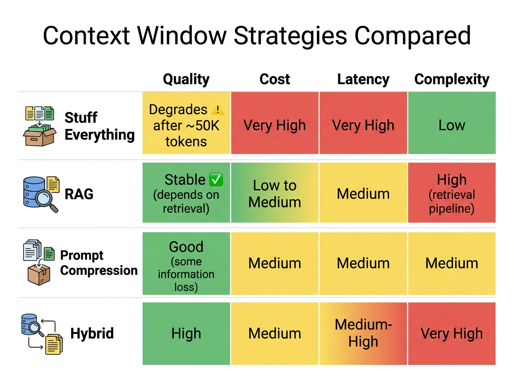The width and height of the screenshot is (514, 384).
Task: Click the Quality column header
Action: click(x=186, y=79)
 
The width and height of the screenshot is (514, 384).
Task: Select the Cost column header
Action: click(x=275, y=79)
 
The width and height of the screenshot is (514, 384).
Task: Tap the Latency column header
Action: click(x=363, y=79)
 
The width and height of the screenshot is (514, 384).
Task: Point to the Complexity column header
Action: click(x=451, y=79)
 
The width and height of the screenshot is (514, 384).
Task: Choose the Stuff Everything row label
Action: click(x=99, y=126)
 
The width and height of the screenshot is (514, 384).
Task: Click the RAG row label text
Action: click(x=79, y=194)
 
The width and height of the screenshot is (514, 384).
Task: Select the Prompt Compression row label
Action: click(x=99, y=263)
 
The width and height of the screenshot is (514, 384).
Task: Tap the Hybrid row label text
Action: click(x=92, y=333)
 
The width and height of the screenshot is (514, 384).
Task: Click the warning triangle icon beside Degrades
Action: click(x=218, y=110)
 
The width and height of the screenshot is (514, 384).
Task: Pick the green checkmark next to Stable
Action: click(x=216, y=180)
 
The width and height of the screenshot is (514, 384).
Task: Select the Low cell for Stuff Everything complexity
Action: click(x=451, y=125)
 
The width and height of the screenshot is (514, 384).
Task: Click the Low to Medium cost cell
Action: click(x=275, y=193)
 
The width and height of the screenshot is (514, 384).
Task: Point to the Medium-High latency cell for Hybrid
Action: click(x=363, y=333)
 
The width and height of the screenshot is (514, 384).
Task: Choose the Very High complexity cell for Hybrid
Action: click(x=451, y=333)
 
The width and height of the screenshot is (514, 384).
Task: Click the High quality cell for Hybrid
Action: click(x=186, y=333)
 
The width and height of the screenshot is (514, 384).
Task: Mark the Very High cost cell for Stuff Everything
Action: click(x=275, y=125)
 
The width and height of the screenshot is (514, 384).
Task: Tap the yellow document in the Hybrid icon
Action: click(x=54, y=344)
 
